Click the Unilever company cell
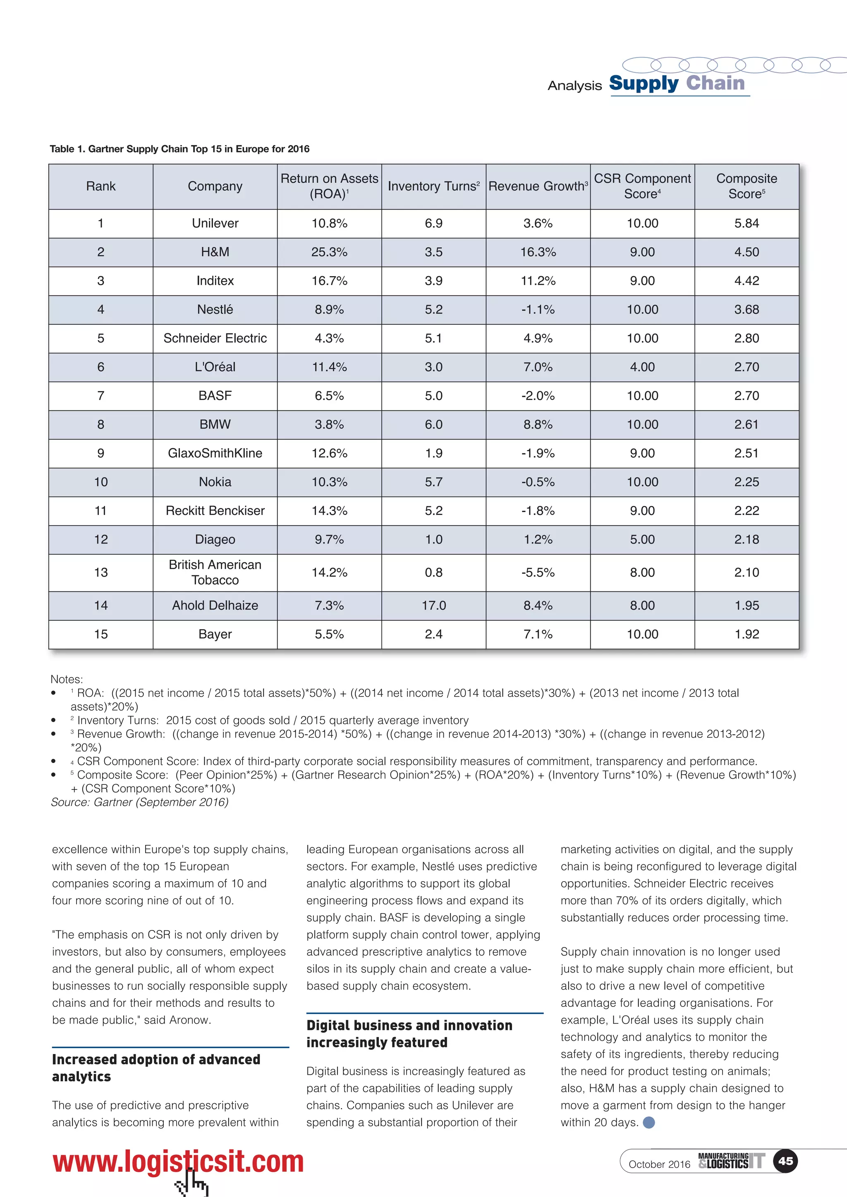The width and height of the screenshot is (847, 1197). tap(215, 224)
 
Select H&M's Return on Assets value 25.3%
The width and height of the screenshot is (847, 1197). tap(329, 252)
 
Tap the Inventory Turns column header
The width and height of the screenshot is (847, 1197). tap(433, 187)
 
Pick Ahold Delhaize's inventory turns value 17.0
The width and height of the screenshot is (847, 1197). tap(433, 606)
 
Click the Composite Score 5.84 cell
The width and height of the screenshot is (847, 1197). tap(747, 224)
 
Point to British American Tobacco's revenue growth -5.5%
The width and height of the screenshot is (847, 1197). tap(538, 572)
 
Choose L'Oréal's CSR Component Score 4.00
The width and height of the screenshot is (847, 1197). tap(642, 367)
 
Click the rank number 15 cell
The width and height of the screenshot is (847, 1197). tap(100, 634)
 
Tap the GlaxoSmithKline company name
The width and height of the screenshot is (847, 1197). tap(215, 453)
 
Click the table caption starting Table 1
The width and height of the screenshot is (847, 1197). tap(179, 149)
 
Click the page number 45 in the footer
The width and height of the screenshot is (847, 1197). tap(785, 1161)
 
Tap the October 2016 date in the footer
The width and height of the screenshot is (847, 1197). tap(659, 1164)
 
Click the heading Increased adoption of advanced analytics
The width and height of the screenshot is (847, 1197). tap(156, 1068)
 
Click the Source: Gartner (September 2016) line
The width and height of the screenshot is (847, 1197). tap(140, 802)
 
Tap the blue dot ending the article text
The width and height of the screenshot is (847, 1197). tap(649, 1123)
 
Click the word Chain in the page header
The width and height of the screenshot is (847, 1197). tap(715, 83)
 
